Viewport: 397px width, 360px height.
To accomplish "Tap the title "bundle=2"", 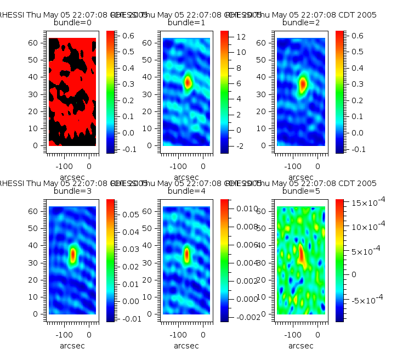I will [301, 23].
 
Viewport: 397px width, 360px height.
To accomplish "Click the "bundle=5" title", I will [301, 192].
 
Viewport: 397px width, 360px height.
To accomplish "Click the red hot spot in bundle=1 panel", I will [188, 82].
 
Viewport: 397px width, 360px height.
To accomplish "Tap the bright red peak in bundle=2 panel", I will [303, 84].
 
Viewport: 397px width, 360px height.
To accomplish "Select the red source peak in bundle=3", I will [73, 255].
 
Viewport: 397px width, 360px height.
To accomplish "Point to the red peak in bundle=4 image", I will [187, 254].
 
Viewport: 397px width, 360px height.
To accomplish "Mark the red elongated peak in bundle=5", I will [301, 254].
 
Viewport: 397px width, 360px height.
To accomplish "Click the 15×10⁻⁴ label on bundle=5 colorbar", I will [360, 204].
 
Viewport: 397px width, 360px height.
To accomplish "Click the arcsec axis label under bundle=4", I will [186, 346].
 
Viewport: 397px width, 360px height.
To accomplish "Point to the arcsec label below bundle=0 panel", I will [72, 177].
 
